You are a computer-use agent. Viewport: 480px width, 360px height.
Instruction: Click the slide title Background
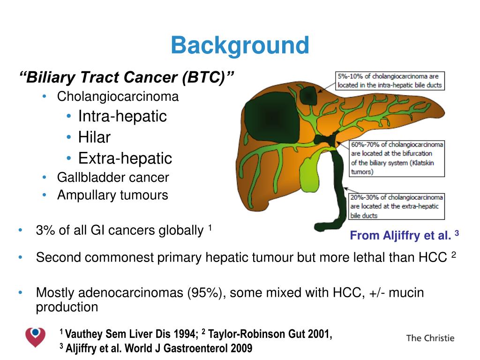coord(240,46)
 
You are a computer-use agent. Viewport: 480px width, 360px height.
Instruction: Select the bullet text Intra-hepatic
coord(122,116)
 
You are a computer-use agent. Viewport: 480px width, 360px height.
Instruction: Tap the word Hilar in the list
coord(94,137)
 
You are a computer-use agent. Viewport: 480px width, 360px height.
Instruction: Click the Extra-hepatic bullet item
coord(125,158)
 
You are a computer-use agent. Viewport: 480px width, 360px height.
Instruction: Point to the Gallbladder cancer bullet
coord(113,178)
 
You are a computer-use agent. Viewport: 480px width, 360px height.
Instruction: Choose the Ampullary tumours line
coord(112,195)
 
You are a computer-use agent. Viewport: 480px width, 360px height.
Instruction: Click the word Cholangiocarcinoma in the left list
coord(118,97)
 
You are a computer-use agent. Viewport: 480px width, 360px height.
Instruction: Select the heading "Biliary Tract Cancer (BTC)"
coord(127,77)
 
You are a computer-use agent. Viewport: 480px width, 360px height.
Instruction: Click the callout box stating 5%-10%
coord(390,81)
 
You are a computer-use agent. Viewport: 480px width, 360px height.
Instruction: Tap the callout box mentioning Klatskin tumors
coord(397,158)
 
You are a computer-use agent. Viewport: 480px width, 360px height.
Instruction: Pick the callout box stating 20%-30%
coord(396,206)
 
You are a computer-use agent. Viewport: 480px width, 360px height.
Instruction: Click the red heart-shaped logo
coord(35,337)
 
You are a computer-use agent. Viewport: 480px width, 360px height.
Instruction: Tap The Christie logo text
coord(430,338)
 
